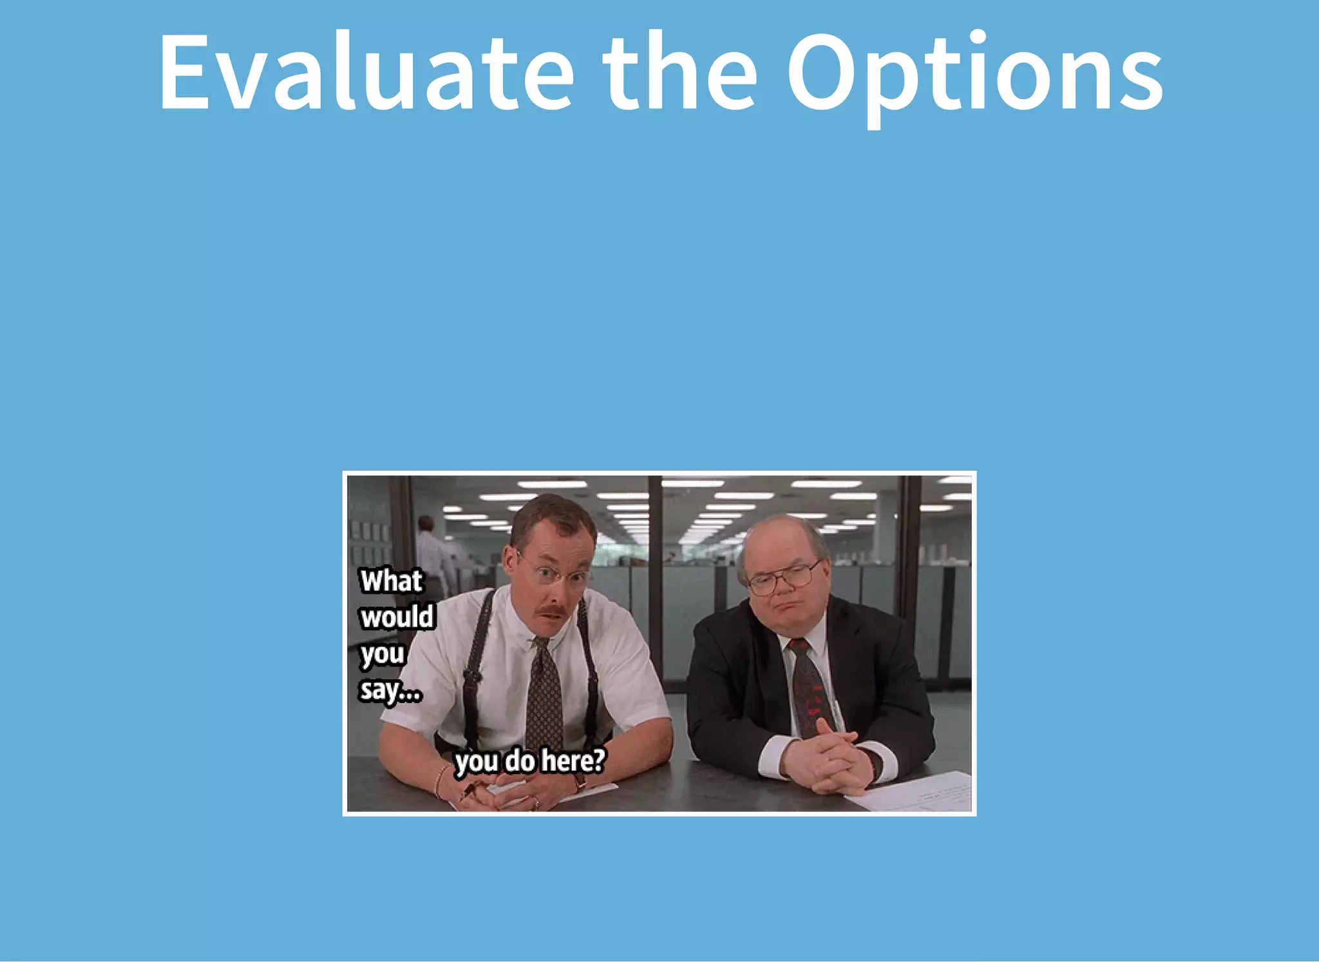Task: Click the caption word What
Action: click(x=391, y=581)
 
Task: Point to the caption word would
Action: click(x=397, y=617)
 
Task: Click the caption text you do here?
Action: click(x=529, y=761)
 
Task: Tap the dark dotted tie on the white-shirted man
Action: click(x=545, y=695)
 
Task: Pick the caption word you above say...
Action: click(x=383, y=654)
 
